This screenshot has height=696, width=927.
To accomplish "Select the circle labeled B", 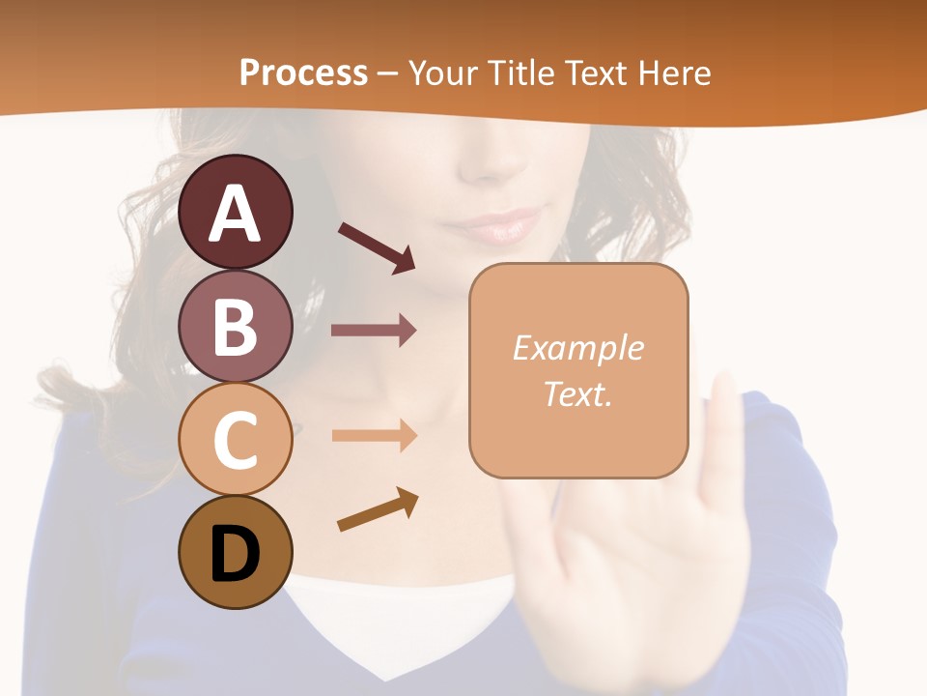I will pyautogui.click(x=235, y=326).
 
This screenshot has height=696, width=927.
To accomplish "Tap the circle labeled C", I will pyautogui.click(x=235, y=439).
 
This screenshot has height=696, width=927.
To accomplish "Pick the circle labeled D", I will pyautogui.click(x=235, y=552).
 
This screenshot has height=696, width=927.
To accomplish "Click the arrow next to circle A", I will pyautogui.click(x=377, y=246).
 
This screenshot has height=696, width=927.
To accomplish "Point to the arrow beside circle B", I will pyautogui.click(x=374, y=331).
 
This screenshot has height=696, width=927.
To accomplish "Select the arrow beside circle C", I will pyautogui.click(x=374, y=435).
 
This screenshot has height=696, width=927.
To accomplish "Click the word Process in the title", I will pyautogui.click(x=303, y=72).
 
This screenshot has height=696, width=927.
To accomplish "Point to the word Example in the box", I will pyautogui.click(x=577, y=348).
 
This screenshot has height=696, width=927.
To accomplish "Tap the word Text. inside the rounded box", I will pyautogui.click(x=577, y=393).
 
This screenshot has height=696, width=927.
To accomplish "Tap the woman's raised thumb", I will pyautogui.click(x=724, y=425).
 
